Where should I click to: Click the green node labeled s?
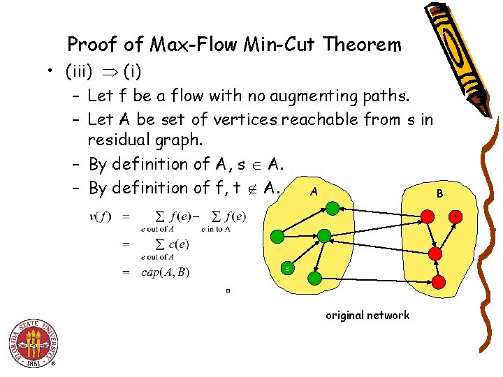click(x=287, y=268)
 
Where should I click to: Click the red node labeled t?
click(x=454, y=217)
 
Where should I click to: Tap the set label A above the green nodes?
click(x=315, y=191)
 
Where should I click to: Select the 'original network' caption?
click(x=367, y=316)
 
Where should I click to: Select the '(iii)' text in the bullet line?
click(x=83, y=71)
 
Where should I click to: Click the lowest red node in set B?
click(x=438, y=281)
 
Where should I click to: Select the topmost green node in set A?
click(x=333, y=207)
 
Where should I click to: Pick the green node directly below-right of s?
click(x=315, y=279)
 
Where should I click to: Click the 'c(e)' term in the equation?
click(x=173, y=244)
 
